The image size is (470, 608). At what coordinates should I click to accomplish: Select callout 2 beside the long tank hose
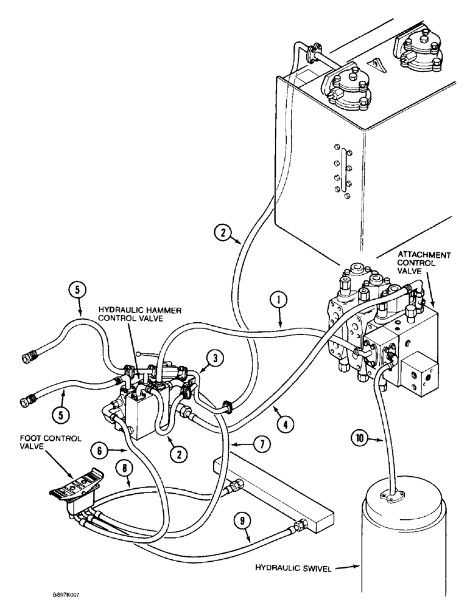[x=223, y=232]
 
